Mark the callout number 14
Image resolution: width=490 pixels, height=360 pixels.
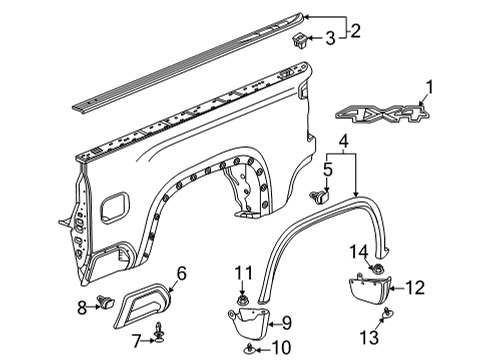point(358,250)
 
